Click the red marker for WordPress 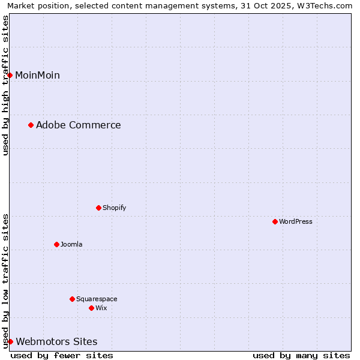click(x=275, y=221)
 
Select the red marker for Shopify click(x=98, y=208)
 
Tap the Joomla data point click(x=56, y=244)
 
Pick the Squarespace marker click(x=72, y=299)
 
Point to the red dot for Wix click(x=91, y=308)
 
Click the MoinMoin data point click(x=10, y=75)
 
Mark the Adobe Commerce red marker click(x=31, y=125)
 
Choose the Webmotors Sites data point click(x=10, y=341)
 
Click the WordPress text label click(x=296, y=221)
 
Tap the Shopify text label click(x=114, y=208)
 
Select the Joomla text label click(x=71, y=244)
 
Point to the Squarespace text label click(x=97, y=299)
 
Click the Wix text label click(x=101, y=308)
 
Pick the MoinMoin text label click(x=37, y=75)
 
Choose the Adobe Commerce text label click(x=78, y=125)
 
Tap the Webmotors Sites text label click(x=56, y=341)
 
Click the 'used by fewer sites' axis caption click(x=62, y=355)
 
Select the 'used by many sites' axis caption click(x=301, y=355)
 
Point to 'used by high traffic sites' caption click(x=5, y=85)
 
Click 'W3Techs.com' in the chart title click(x=327, y=5)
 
